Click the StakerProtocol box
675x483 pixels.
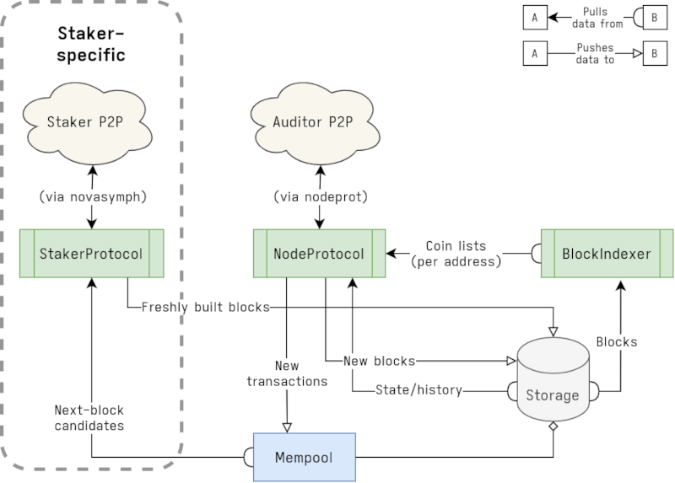pyautogui.click(x=90, y=253)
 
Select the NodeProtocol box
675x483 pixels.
pyautogui.click(x=320, y=253)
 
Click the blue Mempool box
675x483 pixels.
pyautogui.click(x=305, y=458)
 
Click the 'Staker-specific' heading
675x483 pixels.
pyautogui.click(x=91, y=44)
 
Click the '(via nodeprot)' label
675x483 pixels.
pyautogui.click(x=320, y=196)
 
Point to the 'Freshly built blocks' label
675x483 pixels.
pyautogui.click(x=205, y=307)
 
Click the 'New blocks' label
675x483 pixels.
pyautogui.click(x=380, y=361)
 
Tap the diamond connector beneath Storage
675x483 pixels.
pyautogui.click(x=553, y=427)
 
